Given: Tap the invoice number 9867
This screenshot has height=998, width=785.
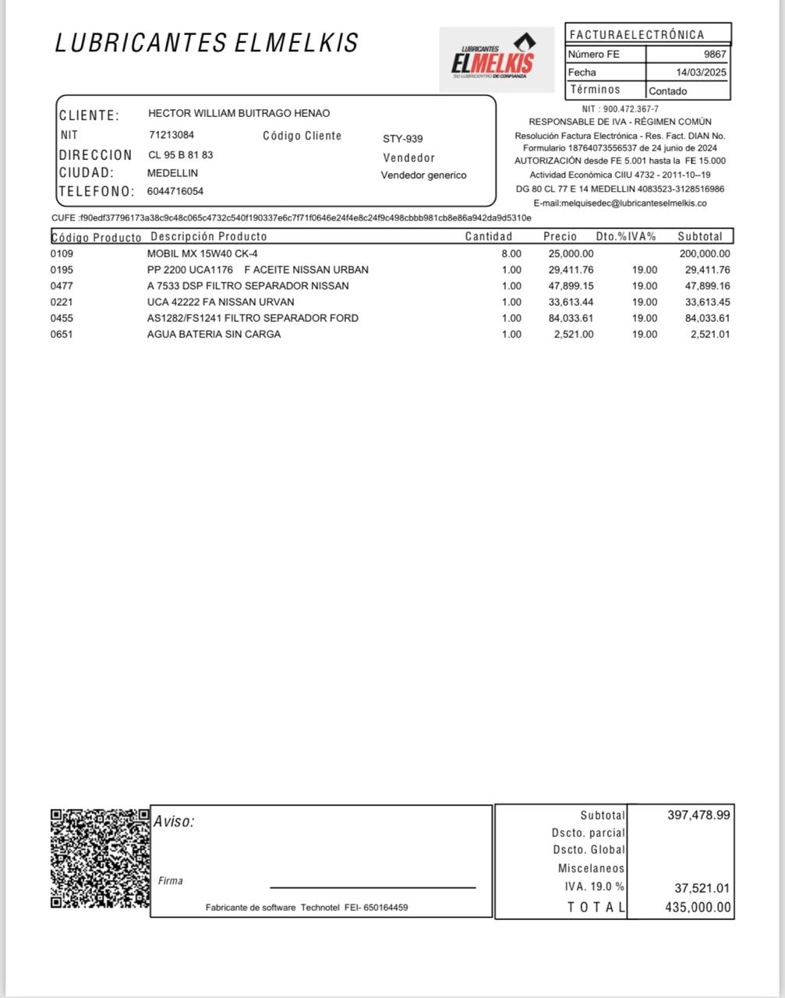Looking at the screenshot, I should pos(714,55).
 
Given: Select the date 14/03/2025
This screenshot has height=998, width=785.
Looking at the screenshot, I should pos(701,73).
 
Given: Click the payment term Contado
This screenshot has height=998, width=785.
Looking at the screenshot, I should pos(668,91).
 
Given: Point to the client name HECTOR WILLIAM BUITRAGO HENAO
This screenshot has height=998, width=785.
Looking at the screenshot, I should pos(239,113).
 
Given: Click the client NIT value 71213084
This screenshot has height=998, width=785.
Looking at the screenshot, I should pos(171,135).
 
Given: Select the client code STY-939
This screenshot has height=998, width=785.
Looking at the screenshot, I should pos(402,139).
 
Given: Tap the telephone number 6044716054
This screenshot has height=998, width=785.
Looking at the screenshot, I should pos(175,191).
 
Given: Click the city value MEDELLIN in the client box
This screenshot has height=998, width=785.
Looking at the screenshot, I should pos(172,173).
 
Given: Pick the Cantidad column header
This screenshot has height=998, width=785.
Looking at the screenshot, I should pos(489,236).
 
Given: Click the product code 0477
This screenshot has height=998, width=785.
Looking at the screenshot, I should pos(62,286).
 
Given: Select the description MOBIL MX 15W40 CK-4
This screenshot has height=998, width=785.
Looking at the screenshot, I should pos(202,253).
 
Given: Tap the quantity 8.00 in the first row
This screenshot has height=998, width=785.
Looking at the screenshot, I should pos(511,253).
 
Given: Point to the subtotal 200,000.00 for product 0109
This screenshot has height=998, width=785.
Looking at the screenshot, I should pos(705,253).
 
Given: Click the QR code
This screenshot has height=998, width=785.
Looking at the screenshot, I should pos(100,858).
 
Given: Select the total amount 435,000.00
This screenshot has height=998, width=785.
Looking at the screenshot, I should pos(698,907).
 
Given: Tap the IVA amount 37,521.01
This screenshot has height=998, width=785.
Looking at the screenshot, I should pos(702,888).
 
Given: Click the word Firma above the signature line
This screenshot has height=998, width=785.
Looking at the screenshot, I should pos(171,881).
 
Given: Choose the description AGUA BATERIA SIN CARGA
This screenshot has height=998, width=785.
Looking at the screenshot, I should pos(214,334).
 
